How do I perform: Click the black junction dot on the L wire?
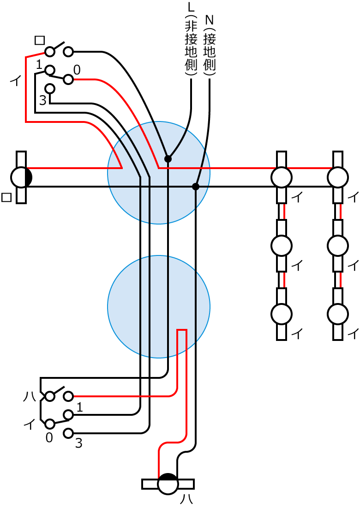coord(168,159)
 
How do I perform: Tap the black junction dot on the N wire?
coord(196,187)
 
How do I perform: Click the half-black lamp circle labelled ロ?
coord(21,177)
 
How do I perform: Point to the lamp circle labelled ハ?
coord(168,485)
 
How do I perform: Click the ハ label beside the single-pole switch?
coord(29,396)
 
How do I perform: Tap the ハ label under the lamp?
coord(186,499)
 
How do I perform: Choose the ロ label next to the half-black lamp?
coord(6,198)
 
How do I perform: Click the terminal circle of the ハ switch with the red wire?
coord(68,396)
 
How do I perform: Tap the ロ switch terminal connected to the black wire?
coord(68,51)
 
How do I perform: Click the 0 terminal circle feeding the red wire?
coord(68,79)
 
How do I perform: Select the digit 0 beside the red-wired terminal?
coord(77,70)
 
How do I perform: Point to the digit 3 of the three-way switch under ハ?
coord(78,444)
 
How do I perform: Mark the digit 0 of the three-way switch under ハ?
coord(49,437)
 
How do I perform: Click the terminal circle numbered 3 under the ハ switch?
coord(68,433)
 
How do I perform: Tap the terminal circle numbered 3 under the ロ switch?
coord(50,88)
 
